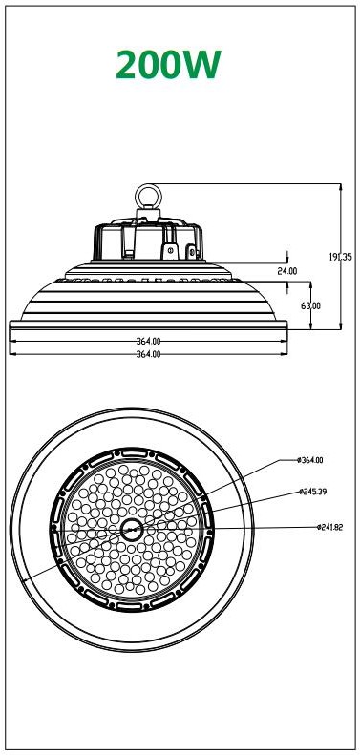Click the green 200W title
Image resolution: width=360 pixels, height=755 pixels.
tap(169, 65)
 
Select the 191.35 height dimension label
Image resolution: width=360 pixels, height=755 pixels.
tap(340, 257)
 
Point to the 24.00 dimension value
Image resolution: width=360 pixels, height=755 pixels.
tap(286, 271)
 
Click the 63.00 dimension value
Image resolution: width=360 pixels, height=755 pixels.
tap(311, 305)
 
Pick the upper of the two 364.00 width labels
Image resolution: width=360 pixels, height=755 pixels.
tap(148, 342)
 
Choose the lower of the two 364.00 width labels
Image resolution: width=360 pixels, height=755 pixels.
tap(148, 354)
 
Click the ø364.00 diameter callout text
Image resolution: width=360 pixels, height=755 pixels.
tap(310, 460)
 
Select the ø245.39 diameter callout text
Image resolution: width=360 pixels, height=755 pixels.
tap(312, 492)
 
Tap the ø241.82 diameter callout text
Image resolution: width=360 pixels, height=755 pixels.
tap(329, 527)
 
